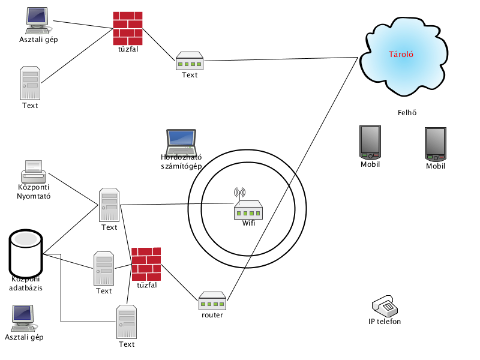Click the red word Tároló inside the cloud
[x=401, y=55]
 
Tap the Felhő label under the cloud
[x=407, y=113]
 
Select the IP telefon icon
[x=385, y=305]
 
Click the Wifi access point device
[x=248, y=209]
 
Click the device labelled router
[x=212, y=301]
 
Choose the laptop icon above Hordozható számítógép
[x=181, y=142]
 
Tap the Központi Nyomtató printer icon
[x=34, y=172]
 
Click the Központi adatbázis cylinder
[x=26, y=253]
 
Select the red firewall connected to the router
[x=146, y=264]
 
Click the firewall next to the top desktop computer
[x=128, y=28]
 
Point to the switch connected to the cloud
[x=190, y=61]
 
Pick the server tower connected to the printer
[x=109, y=205]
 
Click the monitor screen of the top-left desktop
[x=37, y=17]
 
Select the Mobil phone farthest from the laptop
[x=436, y=144]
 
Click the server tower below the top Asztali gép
[x=30, y=83]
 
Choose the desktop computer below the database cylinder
[x=23, y=319]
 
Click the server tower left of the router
[x=127, y=322]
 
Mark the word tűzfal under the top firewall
[x=128, y=49]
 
